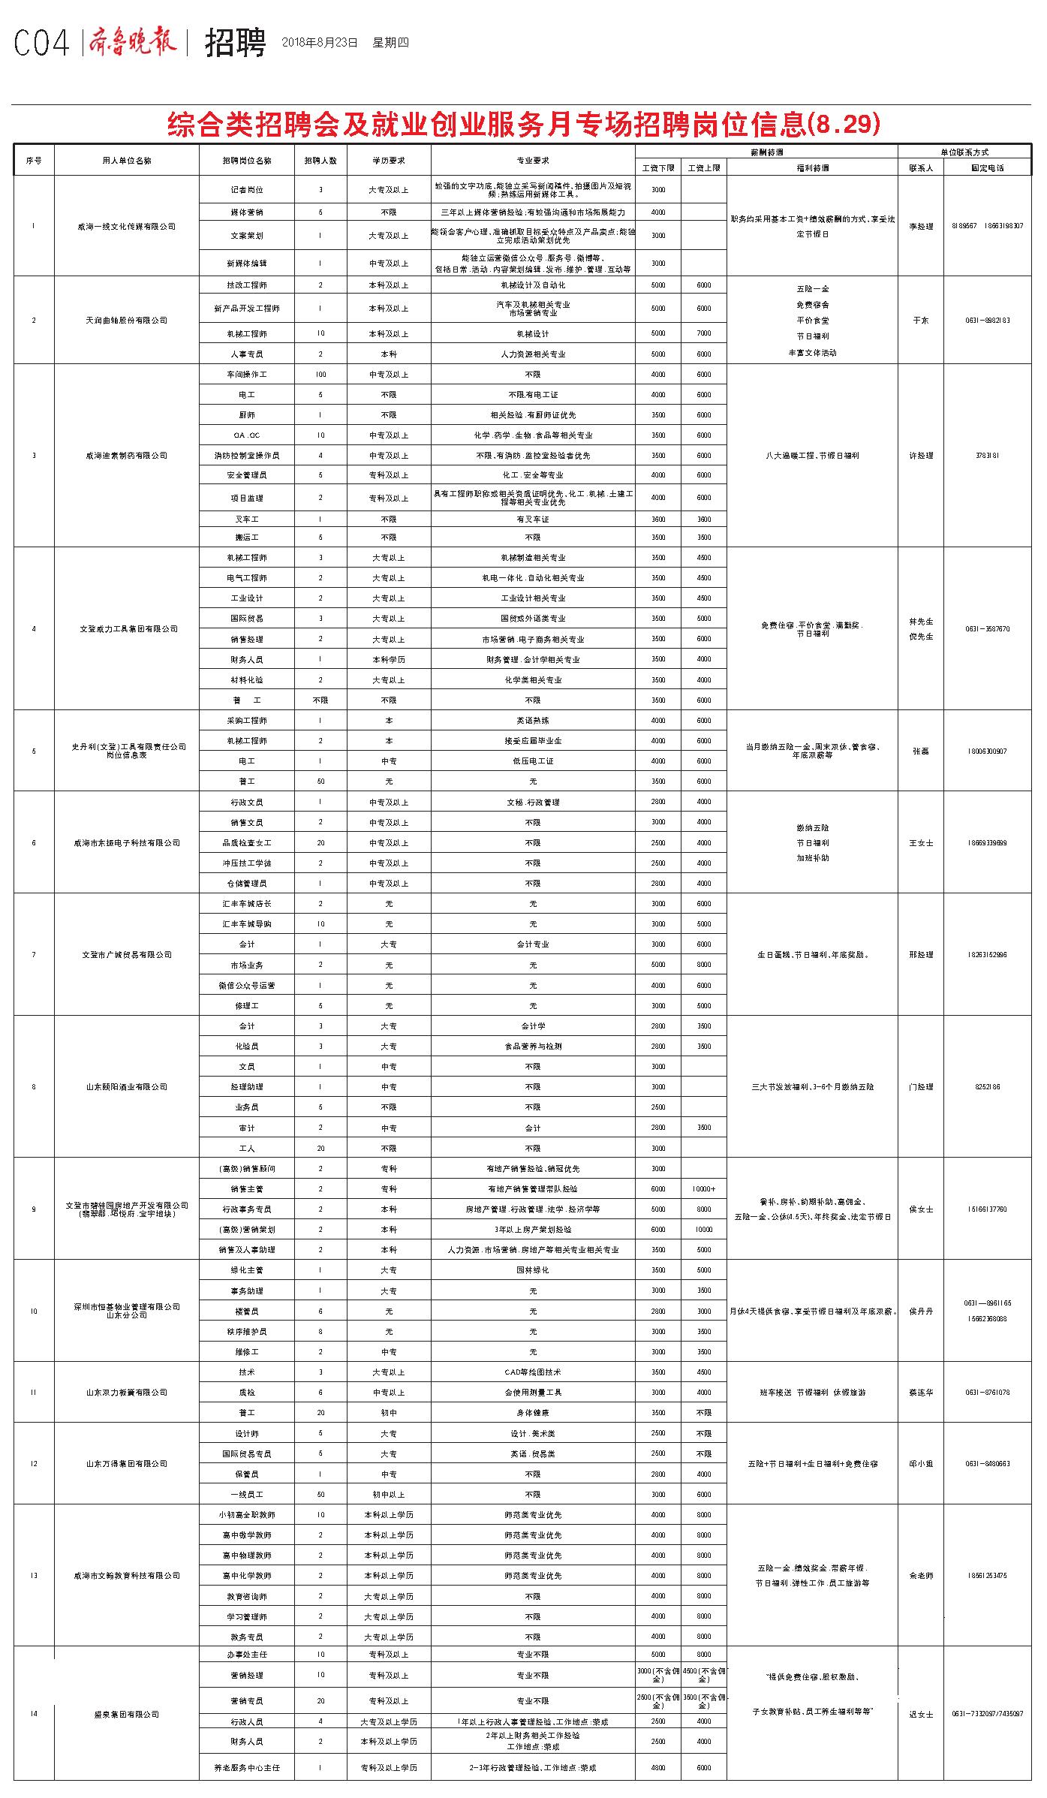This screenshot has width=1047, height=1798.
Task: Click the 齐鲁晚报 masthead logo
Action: [x=133, y=42]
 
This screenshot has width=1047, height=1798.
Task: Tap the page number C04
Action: [x=41, y=44]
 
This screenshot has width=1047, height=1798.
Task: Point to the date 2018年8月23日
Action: [x=320, y=43]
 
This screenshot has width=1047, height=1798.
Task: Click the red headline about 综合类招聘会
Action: [x=523, y=124]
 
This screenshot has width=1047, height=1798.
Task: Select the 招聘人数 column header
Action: [x=320, y=161]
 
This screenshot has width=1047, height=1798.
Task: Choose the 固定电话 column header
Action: [x=987, y=168]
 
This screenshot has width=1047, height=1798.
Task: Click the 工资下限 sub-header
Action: [x=658, y=168]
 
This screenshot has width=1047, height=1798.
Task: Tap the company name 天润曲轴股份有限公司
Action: [x=127, y=321]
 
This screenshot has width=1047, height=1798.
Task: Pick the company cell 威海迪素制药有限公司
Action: [x=127, y=456]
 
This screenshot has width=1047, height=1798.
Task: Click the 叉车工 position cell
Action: [x=247, y=520]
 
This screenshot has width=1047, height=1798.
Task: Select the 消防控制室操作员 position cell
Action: [x=247, y=456]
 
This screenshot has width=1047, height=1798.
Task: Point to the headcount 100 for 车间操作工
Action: [x=320, y=375]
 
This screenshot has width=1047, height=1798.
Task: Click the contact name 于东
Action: [x=920, y=321]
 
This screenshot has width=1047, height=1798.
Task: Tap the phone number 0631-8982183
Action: [x=987, y=321]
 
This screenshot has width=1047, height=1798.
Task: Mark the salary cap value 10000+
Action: [x=703, y=1189]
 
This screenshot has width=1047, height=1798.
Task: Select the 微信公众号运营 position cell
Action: [x=247, y=986]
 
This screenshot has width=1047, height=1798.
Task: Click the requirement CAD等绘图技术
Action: [x=533, y=1372]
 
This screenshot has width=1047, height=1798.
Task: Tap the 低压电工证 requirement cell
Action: [x=533, y=761]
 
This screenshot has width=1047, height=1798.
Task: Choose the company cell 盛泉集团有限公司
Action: [x=127, y=1714]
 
